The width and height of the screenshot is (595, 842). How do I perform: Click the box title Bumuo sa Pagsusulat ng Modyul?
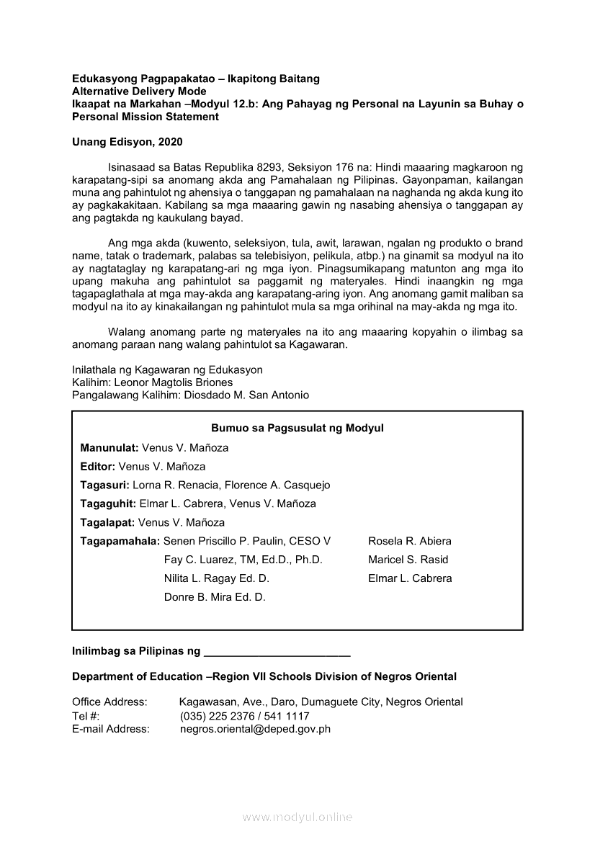point(297,428)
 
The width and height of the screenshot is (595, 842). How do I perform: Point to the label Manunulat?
point(109,447)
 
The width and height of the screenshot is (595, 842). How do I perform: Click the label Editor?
point(98,466)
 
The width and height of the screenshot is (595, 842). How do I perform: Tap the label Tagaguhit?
point(108,503)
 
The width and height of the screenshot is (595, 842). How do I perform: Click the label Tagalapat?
point(107,522)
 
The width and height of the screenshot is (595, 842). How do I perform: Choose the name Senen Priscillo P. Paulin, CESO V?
point(247,541)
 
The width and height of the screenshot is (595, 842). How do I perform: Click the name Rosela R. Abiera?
point(410,541)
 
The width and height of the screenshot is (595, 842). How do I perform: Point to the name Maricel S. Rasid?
point(408,560)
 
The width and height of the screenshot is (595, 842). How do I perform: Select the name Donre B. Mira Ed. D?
point(215,597)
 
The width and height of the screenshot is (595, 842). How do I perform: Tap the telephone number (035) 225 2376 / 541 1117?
point(244,716)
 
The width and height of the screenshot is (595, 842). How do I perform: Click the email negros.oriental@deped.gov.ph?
point(255,728)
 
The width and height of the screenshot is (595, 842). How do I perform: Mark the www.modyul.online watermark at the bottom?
point(297,817)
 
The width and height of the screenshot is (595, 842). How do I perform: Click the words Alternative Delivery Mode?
point(139,91)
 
